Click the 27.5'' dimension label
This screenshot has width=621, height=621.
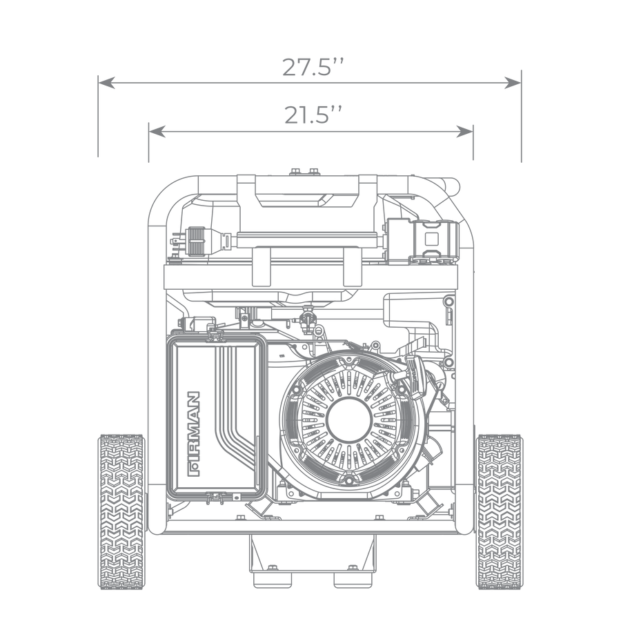tap(313, 67)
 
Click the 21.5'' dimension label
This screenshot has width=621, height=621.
tap(313, 115)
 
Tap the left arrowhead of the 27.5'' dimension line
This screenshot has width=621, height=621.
tap(106, 83)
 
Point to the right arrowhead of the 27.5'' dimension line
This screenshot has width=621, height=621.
tap(513, 83)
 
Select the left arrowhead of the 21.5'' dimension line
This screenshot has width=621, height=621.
tap(157, 132)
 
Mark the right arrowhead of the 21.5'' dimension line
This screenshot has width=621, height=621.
tap(464, 132)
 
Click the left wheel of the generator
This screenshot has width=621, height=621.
tap(121, 511)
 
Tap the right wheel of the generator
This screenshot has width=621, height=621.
tap(499, 511)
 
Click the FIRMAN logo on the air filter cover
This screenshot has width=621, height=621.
tap(194, 434)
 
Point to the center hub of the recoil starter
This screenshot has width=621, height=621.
tap(349, 420)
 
